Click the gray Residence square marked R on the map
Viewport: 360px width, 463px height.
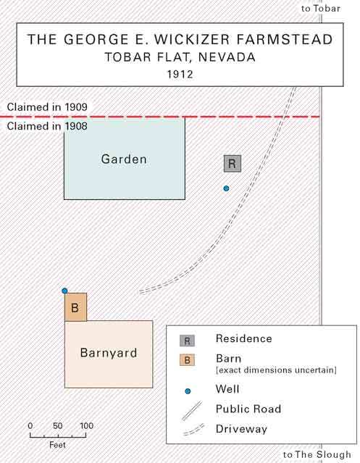(233, 164)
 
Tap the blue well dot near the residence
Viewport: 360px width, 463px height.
(226, 188)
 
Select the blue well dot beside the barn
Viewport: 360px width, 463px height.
(64, 291)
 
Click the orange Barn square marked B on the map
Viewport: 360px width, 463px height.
(75, 307)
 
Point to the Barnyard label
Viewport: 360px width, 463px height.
(109, 353)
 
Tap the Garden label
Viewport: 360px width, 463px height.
(124, 159)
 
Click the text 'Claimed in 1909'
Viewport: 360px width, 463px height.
(47, 107)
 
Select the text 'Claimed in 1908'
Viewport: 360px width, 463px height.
(47, 126)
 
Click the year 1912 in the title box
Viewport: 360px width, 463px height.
(180, 74)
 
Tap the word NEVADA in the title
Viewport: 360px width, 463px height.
(227, 57)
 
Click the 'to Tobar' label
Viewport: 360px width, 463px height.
(321, 9)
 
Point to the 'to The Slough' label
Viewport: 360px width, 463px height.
(317, 455)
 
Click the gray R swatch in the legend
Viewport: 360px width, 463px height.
(187, 341)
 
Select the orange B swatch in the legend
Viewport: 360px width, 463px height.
(187, 360)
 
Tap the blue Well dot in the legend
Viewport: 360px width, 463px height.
(188, 391)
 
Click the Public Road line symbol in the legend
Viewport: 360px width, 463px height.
(192, 410)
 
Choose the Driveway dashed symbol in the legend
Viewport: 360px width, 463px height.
(193, 430)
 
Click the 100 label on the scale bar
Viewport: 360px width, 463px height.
(86, 426)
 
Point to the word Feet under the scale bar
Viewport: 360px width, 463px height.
(57, 445)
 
